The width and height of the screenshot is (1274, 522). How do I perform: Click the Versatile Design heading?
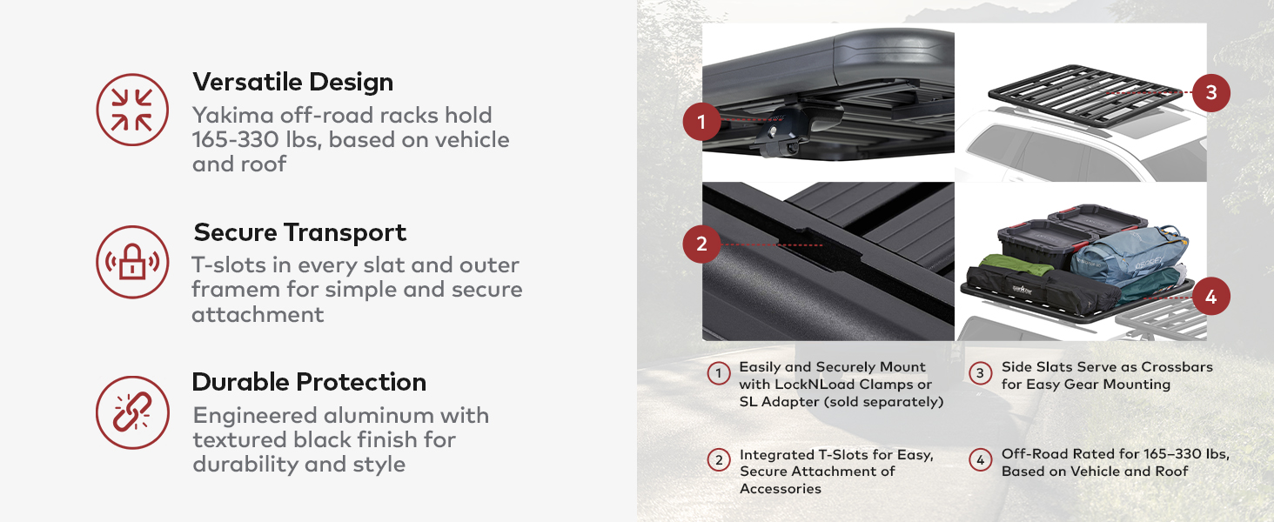click(292, 82)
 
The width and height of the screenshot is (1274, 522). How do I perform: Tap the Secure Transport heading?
click(299, 232)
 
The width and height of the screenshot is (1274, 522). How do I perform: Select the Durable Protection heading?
click(309, 382)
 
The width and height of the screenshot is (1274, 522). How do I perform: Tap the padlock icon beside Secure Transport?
click(132, 262)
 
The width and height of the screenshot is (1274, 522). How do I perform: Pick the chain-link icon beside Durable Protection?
click(132, 412)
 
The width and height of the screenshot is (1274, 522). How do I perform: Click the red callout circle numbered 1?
click(702, 122)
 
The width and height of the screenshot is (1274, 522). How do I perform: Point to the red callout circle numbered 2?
click(702, 244)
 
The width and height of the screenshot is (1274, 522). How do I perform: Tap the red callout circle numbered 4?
click(1210, 298)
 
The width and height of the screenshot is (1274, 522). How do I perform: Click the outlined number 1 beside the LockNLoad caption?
click(718, 374)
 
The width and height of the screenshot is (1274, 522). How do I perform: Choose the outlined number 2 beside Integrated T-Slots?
click(718, 459)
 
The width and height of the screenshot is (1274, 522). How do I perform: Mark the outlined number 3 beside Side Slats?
click(980, 374)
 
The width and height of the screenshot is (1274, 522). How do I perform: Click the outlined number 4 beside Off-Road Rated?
click(980, 459)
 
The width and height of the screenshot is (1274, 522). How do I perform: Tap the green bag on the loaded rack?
click(1009, 266)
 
